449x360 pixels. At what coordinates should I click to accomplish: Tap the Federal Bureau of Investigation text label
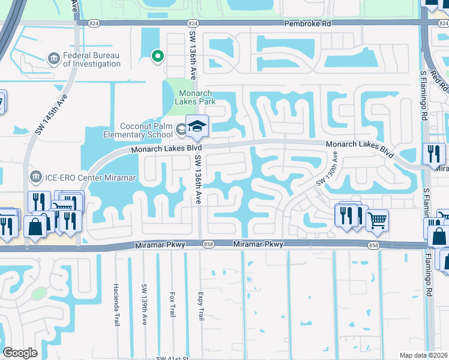[92, 59]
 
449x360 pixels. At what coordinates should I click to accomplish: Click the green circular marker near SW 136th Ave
[157, 56]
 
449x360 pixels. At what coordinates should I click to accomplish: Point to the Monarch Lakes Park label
[197, 98]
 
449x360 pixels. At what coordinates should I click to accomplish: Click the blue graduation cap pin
[196, 126]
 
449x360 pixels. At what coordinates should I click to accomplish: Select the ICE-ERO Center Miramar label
[89, 177]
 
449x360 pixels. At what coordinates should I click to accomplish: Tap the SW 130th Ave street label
[326, 169]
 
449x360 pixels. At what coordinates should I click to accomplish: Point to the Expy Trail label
[200, 307]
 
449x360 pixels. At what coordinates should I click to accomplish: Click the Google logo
[20, 352]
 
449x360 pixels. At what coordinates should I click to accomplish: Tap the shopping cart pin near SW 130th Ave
[376, 220]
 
